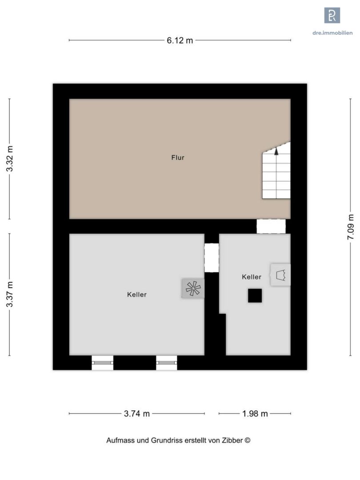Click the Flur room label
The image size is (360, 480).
coord(177,158)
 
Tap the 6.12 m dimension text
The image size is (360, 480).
coord(180,40)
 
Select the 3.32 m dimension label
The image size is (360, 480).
coord(10,159)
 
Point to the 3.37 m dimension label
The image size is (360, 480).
coord(10,294)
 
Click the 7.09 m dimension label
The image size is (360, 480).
coord(351,227)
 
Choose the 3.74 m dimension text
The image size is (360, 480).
coord(137,414)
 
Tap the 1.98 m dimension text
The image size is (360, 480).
coord(255,414)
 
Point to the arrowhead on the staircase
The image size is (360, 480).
coord(276,151)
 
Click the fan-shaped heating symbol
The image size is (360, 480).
coord(193,288)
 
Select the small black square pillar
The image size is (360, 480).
coord(255,296)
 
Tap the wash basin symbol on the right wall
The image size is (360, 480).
coord(280,275)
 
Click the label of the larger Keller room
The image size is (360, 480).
coord(137,295)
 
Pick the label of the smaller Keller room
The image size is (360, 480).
coord(252,277)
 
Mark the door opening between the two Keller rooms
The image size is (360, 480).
coord(212,258)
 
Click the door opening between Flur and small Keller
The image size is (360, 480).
coord(271,226)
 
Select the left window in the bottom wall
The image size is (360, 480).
coord(103,363)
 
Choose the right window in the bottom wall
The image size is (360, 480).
coord(167,363)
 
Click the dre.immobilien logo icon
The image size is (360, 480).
coord(332,15)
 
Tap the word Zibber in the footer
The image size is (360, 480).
coord(233,440)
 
